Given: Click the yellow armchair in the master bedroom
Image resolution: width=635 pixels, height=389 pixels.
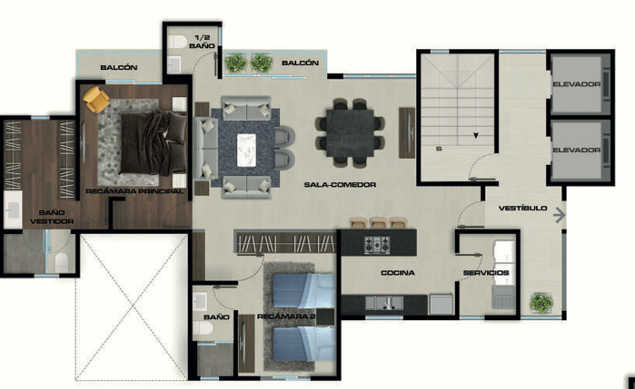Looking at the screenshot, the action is click(x=96, y=99).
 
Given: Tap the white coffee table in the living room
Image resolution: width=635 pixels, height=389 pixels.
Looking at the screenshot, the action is click(x=246, y=150).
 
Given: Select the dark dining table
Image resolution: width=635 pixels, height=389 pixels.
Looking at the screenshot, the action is click(x=351, y=132).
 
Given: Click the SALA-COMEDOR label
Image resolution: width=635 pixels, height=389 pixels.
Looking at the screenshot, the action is click(x=340, y=185).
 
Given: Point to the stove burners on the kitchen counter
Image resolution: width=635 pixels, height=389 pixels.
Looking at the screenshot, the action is click(x=377, y=245).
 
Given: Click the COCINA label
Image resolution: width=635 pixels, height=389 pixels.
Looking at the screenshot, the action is click(x=398, y=273).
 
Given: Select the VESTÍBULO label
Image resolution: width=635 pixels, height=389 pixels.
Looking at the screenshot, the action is click(x=523, y=209).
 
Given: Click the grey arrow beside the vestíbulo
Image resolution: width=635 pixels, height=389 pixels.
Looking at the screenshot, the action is click(x=560, y=215).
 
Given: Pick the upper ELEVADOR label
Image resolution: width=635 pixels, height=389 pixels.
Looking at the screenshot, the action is click(x=577, y=84).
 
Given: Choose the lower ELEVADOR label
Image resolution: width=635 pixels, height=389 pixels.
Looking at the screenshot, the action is click(x=577, y=150).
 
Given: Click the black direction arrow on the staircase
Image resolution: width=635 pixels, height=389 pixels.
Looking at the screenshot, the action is click(x=476, y=135).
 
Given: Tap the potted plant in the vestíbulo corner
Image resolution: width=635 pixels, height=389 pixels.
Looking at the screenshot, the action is click(x=541, y=303).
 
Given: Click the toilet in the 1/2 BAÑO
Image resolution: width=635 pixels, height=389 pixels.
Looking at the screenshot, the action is click(x=177, y=41).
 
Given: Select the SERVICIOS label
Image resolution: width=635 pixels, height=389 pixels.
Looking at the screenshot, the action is click(x=486, y=273).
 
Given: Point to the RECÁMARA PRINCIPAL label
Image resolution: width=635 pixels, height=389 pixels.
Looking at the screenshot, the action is click(x=134, y=191).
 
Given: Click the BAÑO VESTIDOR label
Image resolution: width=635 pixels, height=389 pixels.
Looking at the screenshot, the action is click(x=52, y=217).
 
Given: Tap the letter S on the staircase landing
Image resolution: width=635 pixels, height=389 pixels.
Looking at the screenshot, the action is click(x=439, y=149).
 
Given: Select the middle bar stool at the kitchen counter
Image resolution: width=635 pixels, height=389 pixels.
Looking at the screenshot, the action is click(x=378, y=223).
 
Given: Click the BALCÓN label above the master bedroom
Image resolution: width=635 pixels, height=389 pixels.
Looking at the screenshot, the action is click(x=119, y=67).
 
